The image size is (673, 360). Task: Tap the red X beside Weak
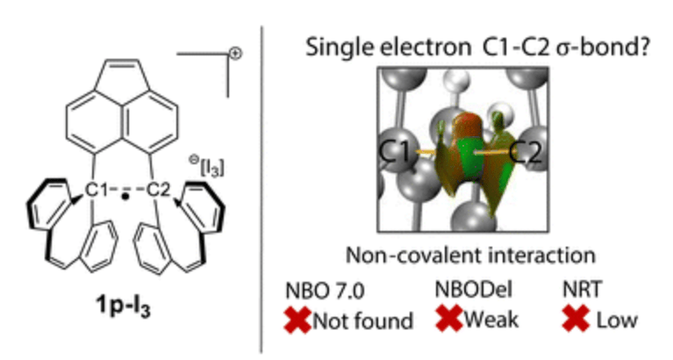pos(449,319)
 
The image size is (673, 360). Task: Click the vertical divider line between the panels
pos(263,176)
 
